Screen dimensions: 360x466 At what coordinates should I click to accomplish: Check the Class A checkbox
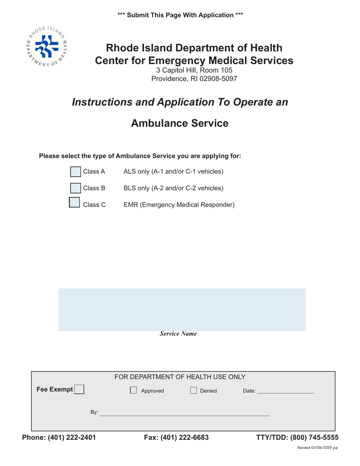[x=76, y=172]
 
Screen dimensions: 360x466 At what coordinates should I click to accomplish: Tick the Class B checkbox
[x=76, y=188]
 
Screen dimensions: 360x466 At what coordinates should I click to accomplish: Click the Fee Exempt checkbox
[x=79, y=390]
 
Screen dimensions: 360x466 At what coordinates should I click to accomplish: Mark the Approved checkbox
[x=133, y=391]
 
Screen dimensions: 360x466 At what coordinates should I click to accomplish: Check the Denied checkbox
[x=193, y=391]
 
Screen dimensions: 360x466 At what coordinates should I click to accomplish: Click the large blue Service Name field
[x=182, y=310]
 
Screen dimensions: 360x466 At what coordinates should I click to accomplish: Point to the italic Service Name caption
[x=178, y=334]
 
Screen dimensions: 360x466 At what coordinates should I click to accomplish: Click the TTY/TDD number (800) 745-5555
[x=315, y=438]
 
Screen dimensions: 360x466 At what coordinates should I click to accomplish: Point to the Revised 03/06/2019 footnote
[x=317, y=447]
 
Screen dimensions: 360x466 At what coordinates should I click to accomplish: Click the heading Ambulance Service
[x=180, y=123]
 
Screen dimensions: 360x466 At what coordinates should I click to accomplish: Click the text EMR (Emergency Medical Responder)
[x=179, y=205]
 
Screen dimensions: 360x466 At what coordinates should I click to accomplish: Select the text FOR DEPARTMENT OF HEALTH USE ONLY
[x=180, y=377]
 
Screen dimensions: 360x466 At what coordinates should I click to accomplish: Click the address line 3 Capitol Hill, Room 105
[x=194, y=70]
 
